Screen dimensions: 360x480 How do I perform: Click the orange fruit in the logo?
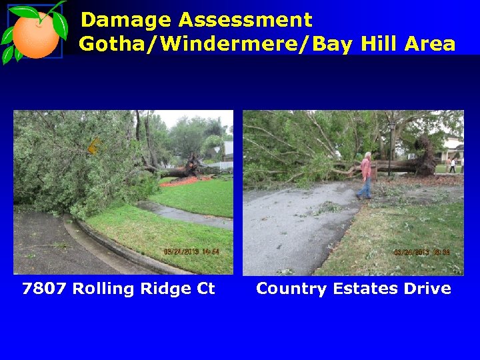coord(35,35)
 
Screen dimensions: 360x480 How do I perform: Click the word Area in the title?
coord(428,45)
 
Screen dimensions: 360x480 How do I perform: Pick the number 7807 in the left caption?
coord(45,289)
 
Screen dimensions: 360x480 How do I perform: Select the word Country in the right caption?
coord(289,289)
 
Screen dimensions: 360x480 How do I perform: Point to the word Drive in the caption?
coord(427,289)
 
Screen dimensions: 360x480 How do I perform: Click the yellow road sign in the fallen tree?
coord(94,146)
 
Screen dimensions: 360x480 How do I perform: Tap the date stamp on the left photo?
coord(191,252)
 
